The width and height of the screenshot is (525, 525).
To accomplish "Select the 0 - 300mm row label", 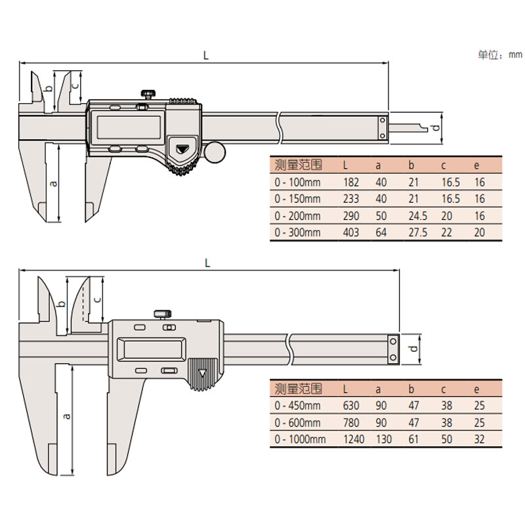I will (299, 232).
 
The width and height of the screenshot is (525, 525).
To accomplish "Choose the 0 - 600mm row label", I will (299, 423).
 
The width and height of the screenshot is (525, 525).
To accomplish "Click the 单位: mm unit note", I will (499, 55).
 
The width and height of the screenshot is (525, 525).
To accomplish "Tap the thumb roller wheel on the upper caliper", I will (215, 152).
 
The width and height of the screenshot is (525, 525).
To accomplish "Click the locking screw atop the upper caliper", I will (148, 94).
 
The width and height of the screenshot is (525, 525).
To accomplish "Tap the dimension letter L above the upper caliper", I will (205, 56).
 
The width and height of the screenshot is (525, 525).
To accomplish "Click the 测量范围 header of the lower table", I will (299, 388).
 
